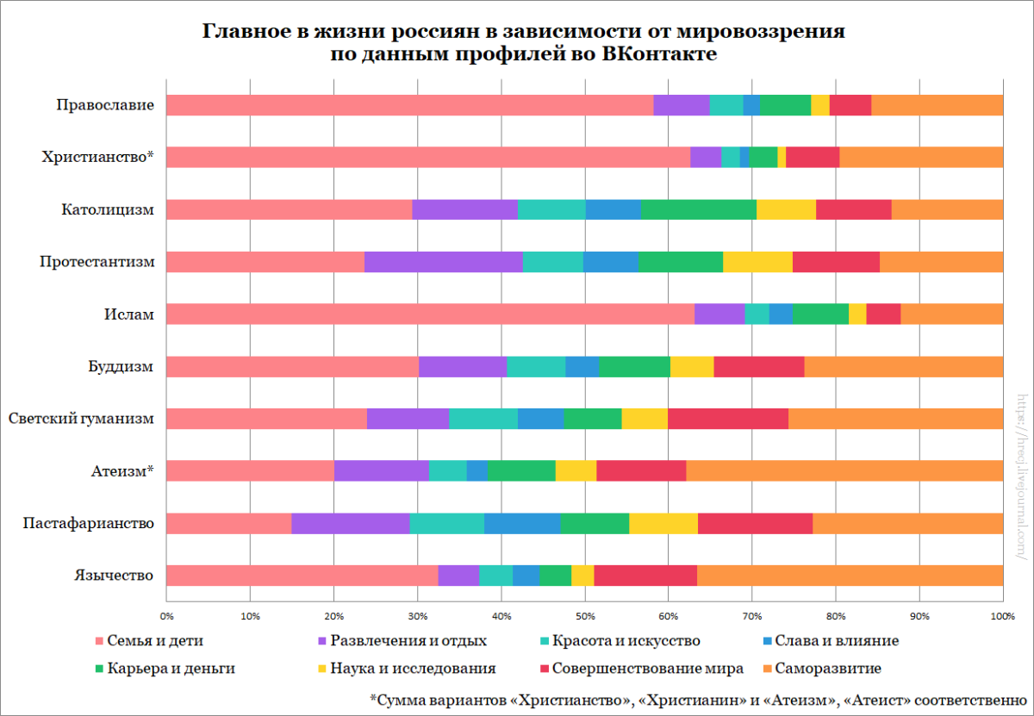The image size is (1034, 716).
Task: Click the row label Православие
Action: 105,106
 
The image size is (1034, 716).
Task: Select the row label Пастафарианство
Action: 89,523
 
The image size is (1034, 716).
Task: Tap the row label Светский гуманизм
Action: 81,419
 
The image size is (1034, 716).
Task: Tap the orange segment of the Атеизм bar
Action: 844,470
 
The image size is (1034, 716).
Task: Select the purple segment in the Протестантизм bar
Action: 443,262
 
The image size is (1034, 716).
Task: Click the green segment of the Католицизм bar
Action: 698,209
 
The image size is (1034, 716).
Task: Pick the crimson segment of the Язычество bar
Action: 645,575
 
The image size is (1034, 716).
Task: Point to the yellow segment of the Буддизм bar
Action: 692,366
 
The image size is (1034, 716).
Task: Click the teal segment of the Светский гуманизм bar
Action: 483,419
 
